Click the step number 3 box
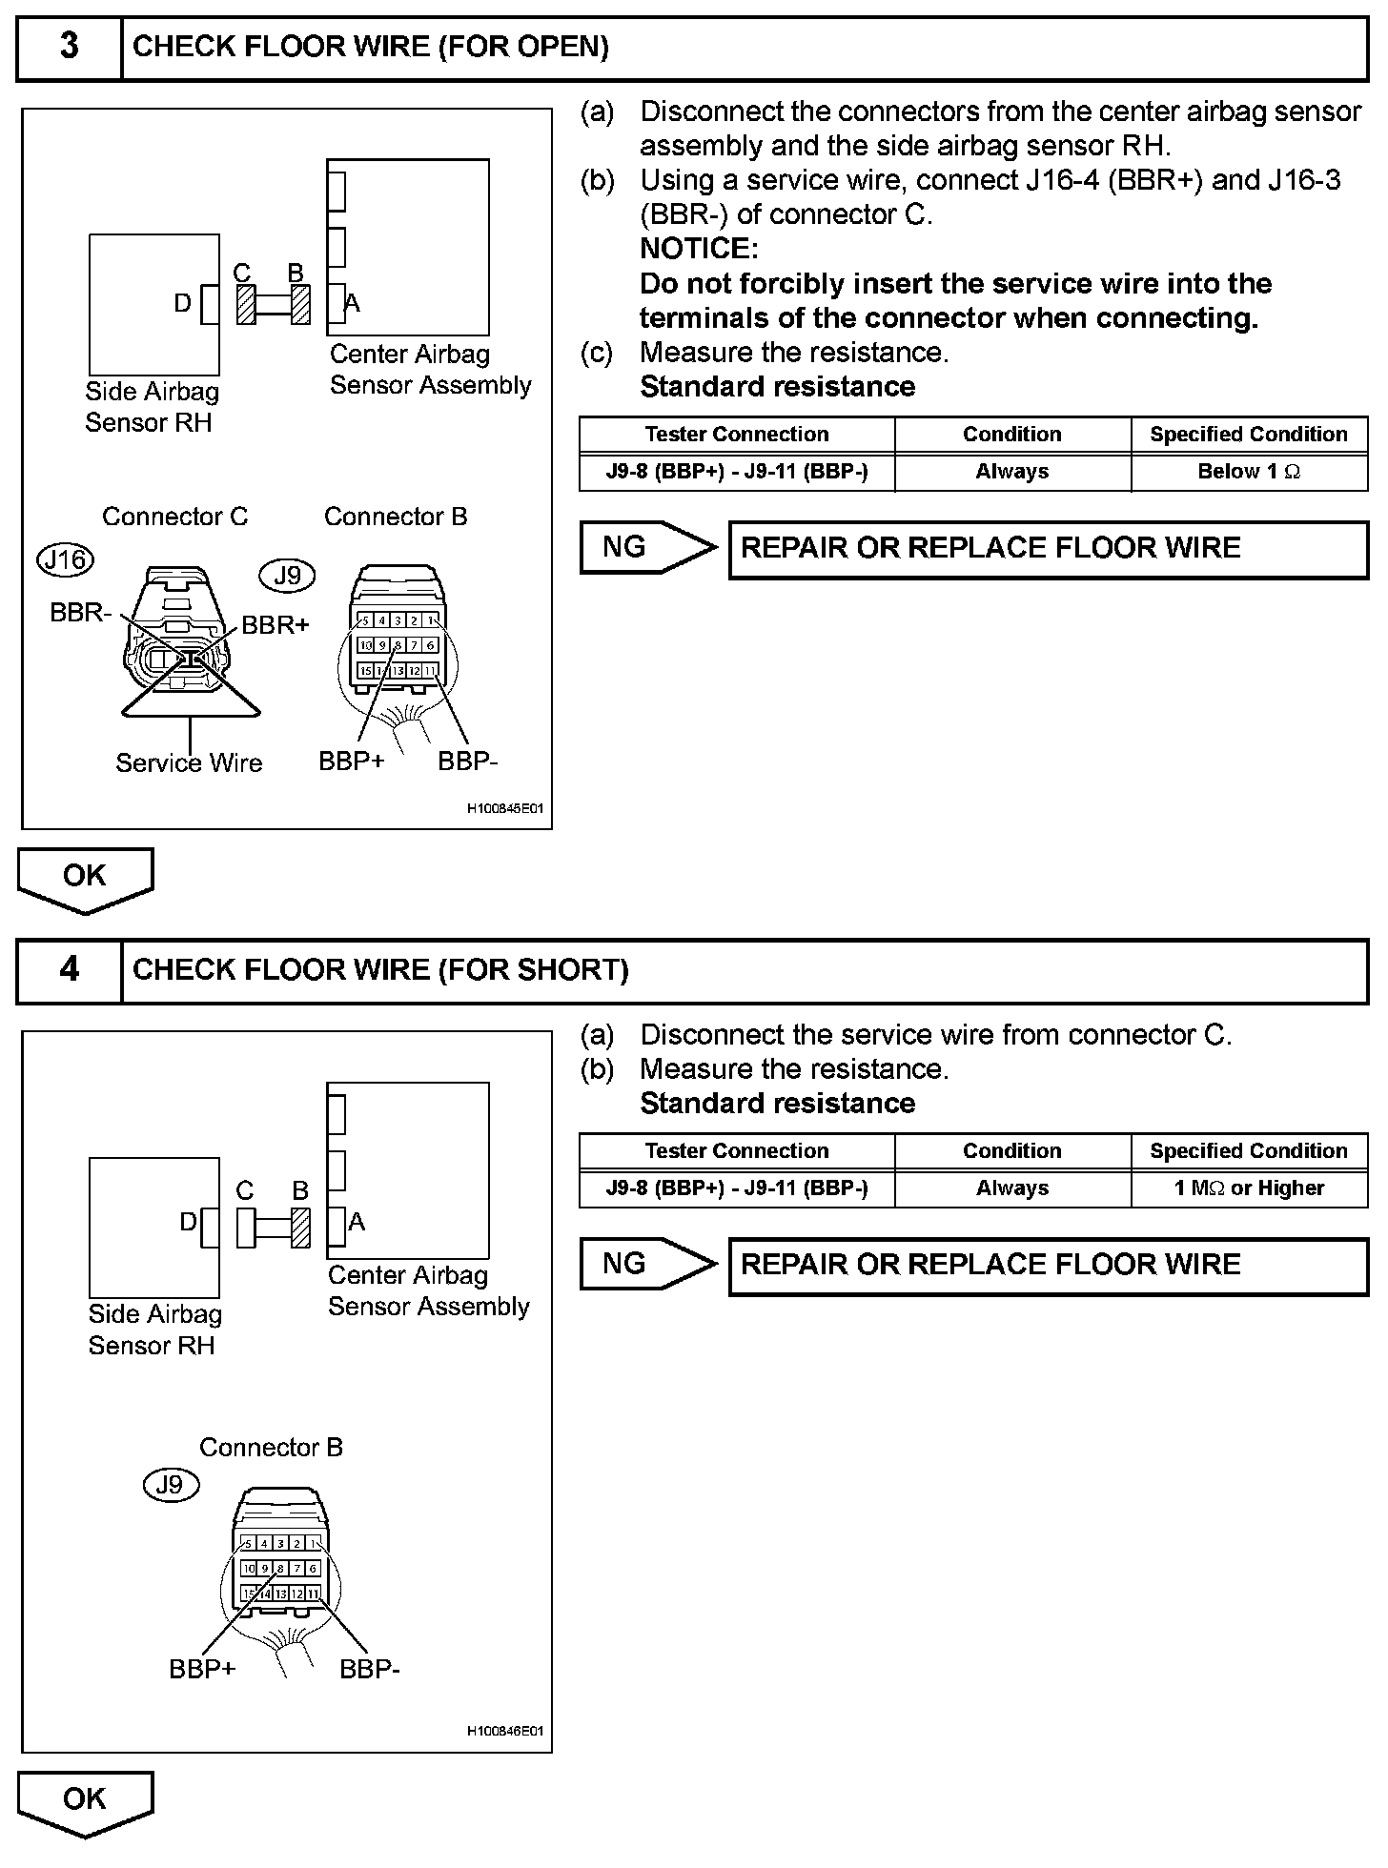[x=70, y=47]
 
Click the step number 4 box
[x=70, y=970]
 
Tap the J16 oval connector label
[x=66, y=559]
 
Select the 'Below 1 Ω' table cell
[x=1249, y=472]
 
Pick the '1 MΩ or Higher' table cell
[x=1249, y=1188]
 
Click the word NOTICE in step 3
[x=699, y=249]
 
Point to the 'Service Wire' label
[x=189, y=762]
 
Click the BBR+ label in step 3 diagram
[x=276, y=625]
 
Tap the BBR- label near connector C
[x=80, y=613]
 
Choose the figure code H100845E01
[x=504, y=809]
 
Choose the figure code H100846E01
[x=504, y=1731]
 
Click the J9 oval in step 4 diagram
[x=170, y=1485]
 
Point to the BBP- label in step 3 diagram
[x=467, y=761]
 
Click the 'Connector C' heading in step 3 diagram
[x=174, y=517]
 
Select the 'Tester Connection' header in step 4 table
[x=736, y=1150]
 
